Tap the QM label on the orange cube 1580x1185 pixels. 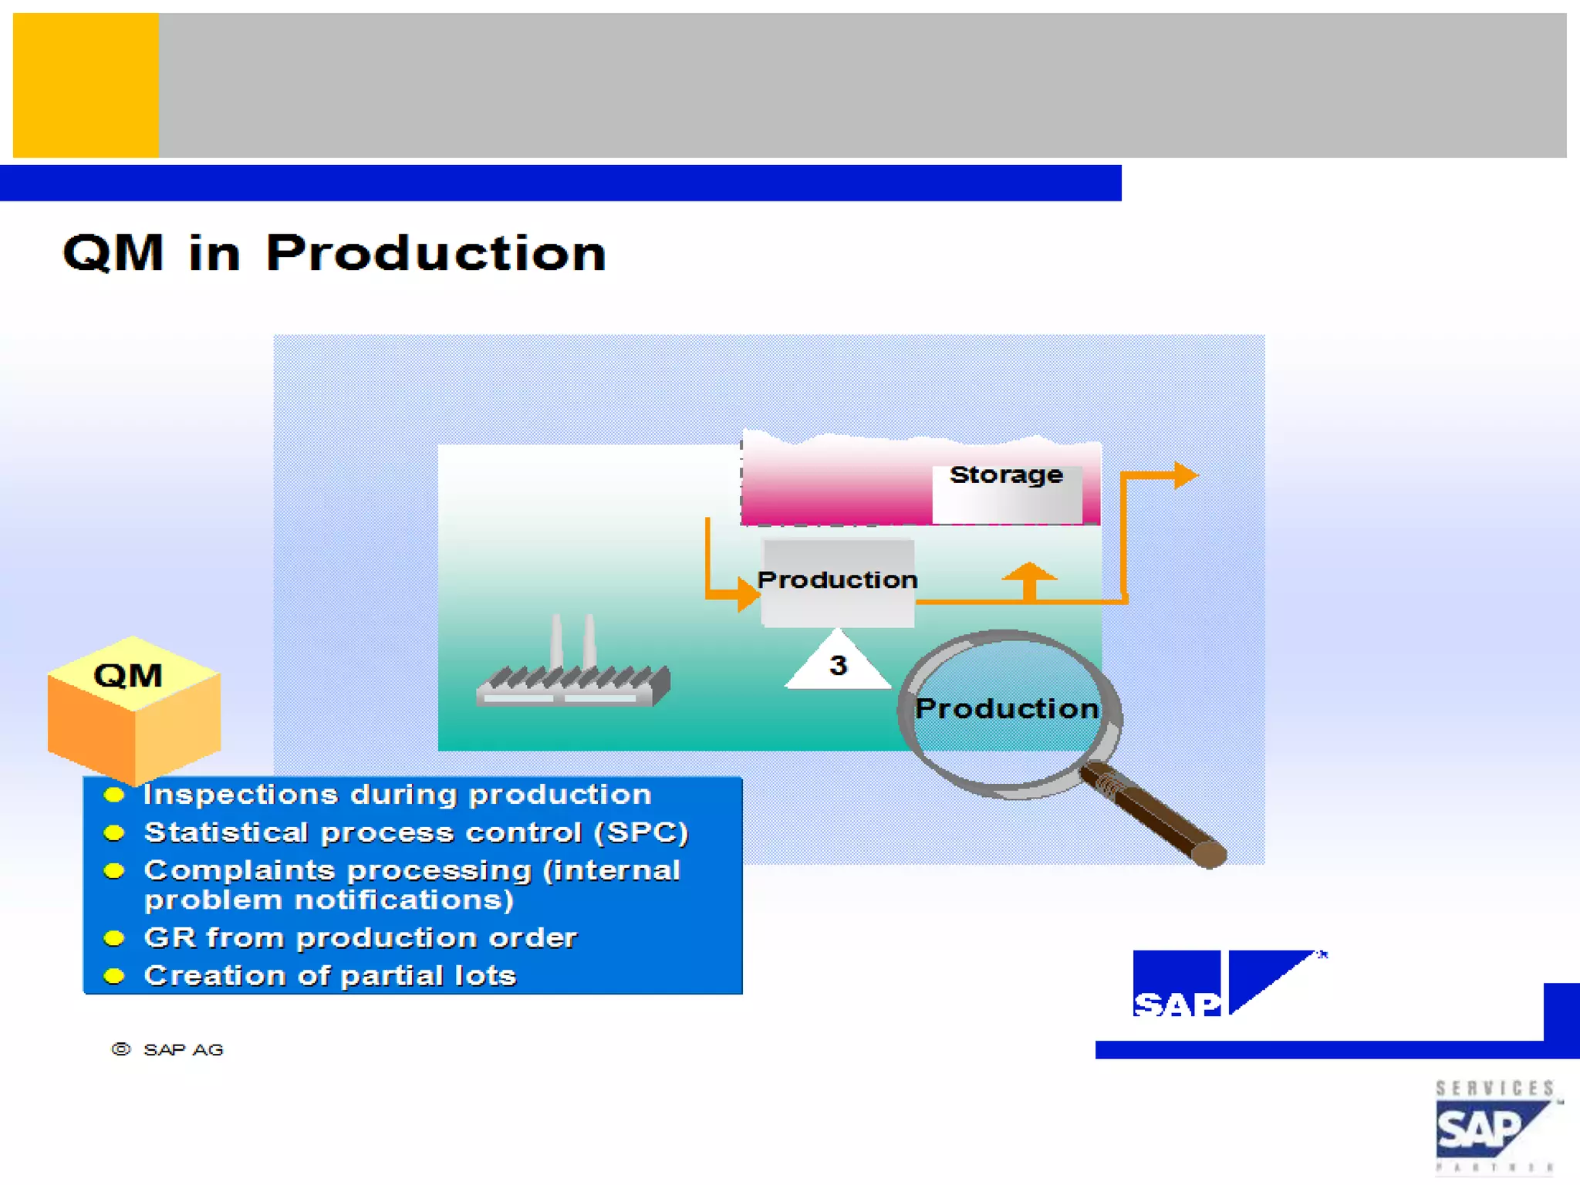tap(128, 676)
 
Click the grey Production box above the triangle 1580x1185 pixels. tap(838, 580)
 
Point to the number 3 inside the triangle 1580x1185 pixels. tap(838, 665)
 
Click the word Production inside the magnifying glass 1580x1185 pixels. tap(1007, 708)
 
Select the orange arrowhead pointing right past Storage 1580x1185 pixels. tap(1185, 475)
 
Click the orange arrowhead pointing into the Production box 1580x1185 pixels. tap(747, 594)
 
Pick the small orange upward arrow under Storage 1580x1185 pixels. tap(1029, 576)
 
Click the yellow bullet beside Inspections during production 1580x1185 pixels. tap(114, 795)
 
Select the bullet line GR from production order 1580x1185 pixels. tap(360, 938)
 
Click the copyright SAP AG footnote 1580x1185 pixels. tap(168, 1050)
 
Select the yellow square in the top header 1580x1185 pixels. tap(86, 86)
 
